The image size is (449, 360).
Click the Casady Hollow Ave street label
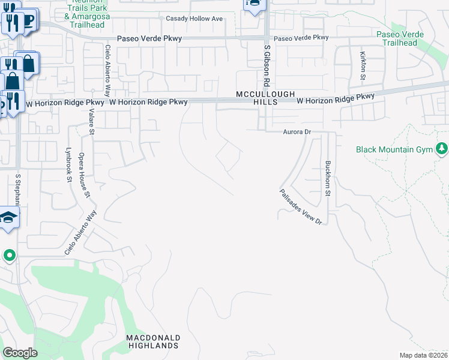(x=194, y=19)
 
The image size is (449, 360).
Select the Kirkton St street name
(x=363, y=65)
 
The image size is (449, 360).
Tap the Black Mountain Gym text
(x=394, y=149)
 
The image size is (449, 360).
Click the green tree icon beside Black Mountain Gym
(x=442, y=148)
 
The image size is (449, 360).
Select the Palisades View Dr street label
(x=301, y=207)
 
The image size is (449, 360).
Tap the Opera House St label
(x=85, y=179)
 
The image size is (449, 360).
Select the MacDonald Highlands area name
(x=152, y=341)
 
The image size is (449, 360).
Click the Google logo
(x=20, y=353)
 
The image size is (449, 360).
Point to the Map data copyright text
(x=424, y=355)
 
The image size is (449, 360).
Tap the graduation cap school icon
(x=8, y=217)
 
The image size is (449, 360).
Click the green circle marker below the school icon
(x=9, y=256)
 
